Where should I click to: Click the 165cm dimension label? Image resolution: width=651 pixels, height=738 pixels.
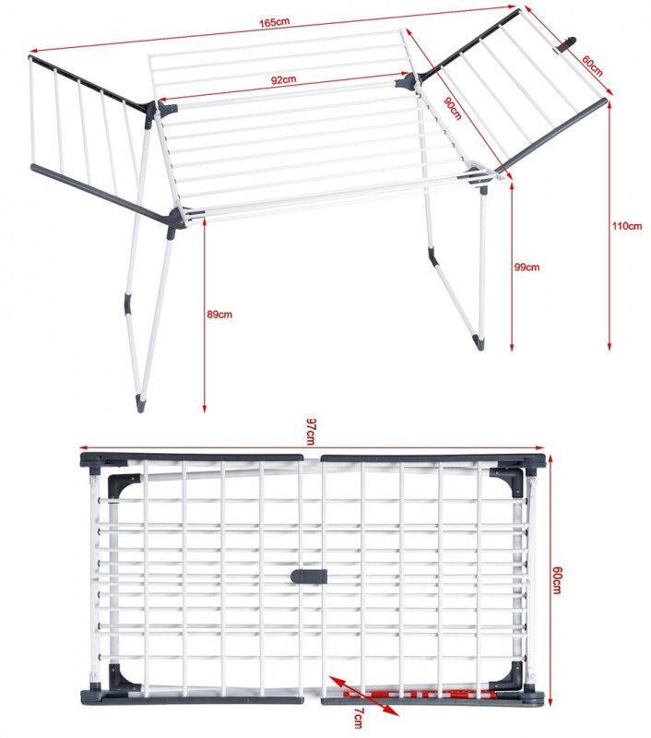[x=274, y=22]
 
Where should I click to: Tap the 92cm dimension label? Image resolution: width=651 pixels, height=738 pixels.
[x=284, y=79]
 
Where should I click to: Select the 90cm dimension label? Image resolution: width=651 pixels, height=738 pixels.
[x=453, y=108]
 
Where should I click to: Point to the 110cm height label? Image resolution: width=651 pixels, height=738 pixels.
[x=626, y=226]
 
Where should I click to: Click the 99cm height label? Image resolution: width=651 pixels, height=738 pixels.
[x=527, y=267]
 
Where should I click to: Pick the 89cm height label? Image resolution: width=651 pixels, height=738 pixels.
[x=219, y=315]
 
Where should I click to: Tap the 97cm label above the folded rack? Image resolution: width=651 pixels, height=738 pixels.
[x=311, y=431]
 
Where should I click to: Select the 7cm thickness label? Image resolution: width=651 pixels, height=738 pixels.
[x=359, y=718]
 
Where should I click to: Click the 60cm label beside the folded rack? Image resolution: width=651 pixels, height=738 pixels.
[x=556, y=579]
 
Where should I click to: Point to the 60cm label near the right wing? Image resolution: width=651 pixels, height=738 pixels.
[x=592, y=65]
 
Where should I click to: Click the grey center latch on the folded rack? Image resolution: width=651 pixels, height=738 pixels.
[x=309, y=576]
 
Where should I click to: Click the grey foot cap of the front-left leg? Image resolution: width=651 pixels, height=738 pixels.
[x=141, y=403]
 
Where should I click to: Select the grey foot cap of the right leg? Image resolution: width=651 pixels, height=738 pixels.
[x=478, y=342]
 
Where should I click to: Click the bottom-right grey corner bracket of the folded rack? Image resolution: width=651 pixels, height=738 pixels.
[x=508, y=676]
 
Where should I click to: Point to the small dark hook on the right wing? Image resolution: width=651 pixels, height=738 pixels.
[x=568, y=44]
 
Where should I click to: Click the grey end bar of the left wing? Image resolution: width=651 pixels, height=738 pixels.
[x=99, y=193]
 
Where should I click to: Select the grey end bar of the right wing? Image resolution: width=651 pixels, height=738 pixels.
[x=550, y=136]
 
